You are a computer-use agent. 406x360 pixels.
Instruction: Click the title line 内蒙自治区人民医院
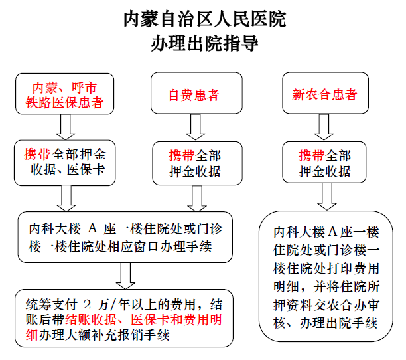204,19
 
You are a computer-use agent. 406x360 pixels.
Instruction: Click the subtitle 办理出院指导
204,43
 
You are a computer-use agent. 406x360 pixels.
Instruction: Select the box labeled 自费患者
196,93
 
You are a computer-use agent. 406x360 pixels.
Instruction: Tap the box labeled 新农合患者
325,93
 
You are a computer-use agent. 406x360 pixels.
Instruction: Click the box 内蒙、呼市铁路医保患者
65,94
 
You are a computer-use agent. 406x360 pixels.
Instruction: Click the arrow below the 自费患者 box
196,127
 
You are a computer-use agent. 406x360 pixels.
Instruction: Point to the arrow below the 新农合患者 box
324,127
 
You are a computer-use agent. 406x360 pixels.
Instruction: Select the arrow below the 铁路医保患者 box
66,128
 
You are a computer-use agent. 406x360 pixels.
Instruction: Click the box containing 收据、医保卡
65,163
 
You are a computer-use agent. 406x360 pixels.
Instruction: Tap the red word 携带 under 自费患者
181,156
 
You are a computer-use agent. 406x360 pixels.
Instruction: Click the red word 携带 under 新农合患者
311,156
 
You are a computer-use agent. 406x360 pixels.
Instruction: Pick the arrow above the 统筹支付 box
125,276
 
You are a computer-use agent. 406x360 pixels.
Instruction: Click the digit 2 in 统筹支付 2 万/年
88,304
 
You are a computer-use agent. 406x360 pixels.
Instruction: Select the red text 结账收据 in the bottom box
91,319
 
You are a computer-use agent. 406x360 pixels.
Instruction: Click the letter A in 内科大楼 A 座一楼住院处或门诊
92,228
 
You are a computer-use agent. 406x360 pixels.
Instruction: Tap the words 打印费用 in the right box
353,268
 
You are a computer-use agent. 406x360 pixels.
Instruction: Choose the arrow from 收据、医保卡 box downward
66,199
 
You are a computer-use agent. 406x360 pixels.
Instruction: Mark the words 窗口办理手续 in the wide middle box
173,246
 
